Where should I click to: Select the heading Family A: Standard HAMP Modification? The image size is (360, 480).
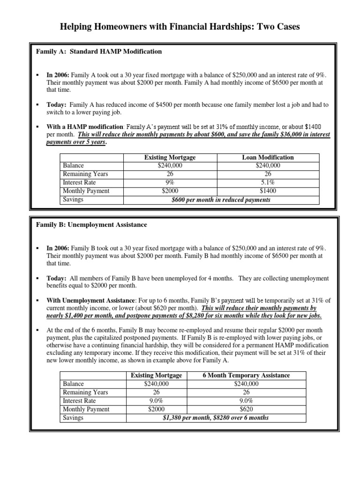[x=99, y=52]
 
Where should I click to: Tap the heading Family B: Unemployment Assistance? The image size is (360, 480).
[x=91, y=225]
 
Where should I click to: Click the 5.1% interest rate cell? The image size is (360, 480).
[x=268, y=182]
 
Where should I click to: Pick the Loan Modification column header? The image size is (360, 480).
[x=268, y=157]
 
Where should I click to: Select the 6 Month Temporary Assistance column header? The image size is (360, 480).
[x=246, y=375]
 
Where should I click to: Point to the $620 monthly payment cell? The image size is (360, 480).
[x=246, y=409]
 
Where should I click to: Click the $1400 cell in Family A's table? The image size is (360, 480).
[x=268, y=191]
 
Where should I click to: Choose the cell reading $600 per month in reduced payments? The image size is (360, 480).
[x=221, y=200]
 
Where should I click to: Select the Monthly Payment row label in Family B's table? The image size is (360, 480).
[x=86, y=409]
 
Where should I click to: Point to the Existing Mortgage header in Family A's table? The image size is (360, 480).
[x=170, y=157]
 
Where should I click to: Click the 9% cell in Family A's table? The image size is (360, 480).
[x=170, y=182]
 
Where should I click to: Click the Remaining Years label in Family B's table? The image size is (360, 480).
[x=85, y=392]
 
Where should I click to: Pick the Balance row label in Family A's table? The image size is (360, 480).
[x=74, y=165]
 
